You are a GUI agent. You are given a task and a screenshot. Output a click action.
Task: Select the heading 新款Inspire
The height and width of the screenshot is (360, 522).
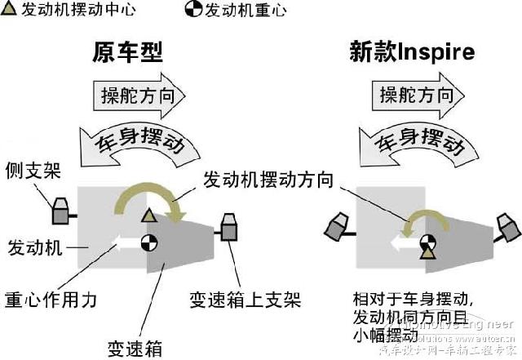tap(412, 53)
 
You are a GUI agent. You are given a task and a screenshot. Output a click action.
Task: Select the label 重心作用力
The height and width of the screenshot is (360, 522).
tap(51, 299)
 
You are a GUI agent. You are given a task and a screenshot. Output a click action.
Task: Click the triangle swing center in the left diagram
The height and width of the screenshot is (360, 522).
tap(148, 216)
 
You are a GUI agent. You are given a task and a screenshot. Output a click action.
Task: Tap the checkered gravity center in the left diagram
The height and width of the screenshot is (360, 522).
tap(148, 242)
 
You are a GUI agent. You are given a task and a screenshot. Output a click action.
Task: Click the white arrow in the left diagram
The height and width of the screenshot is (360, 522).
tap(125, 242)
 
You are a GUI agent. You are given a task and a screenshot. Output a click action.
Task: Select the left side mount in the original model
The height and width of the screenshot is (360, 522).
tap(62, 211)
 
